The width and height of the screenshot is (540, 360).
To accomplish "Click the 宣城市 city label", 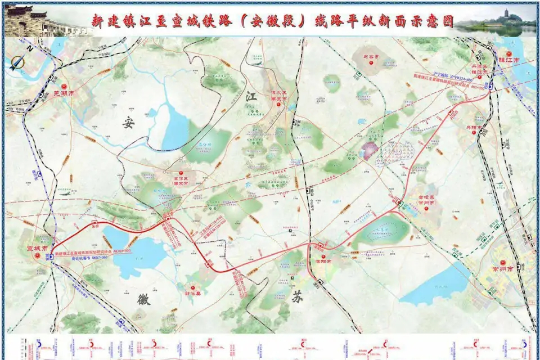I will pyautogui.click(x=38, y=247).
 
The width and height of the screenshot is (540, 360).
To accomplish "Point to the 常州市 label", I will pyautogui.click(x=502, y=269).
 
